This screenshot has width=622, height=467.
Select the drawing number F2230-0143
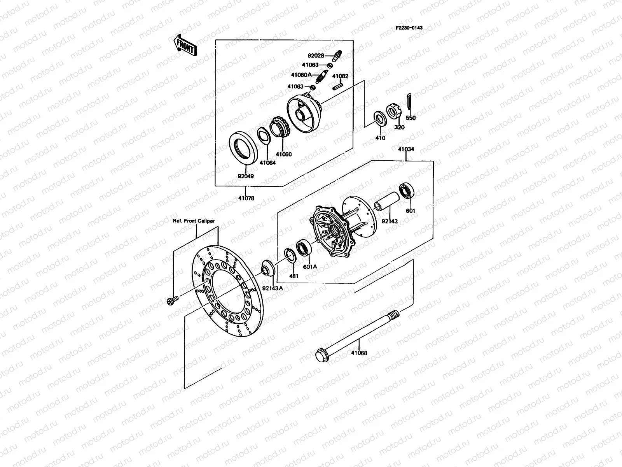(409, 28)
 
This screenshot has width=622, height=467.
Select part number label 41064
(267, 163)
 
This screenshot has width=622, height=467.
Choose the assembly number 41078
(246, 198)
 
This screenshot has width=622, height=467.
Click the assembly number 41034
(406, 149)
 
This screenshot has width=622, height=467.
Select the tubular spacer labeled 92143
(386, 202)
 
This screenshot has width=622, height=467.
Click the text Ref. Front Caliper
(194, 221)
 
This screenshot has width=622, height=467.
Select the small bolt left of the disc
(171, 300)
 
